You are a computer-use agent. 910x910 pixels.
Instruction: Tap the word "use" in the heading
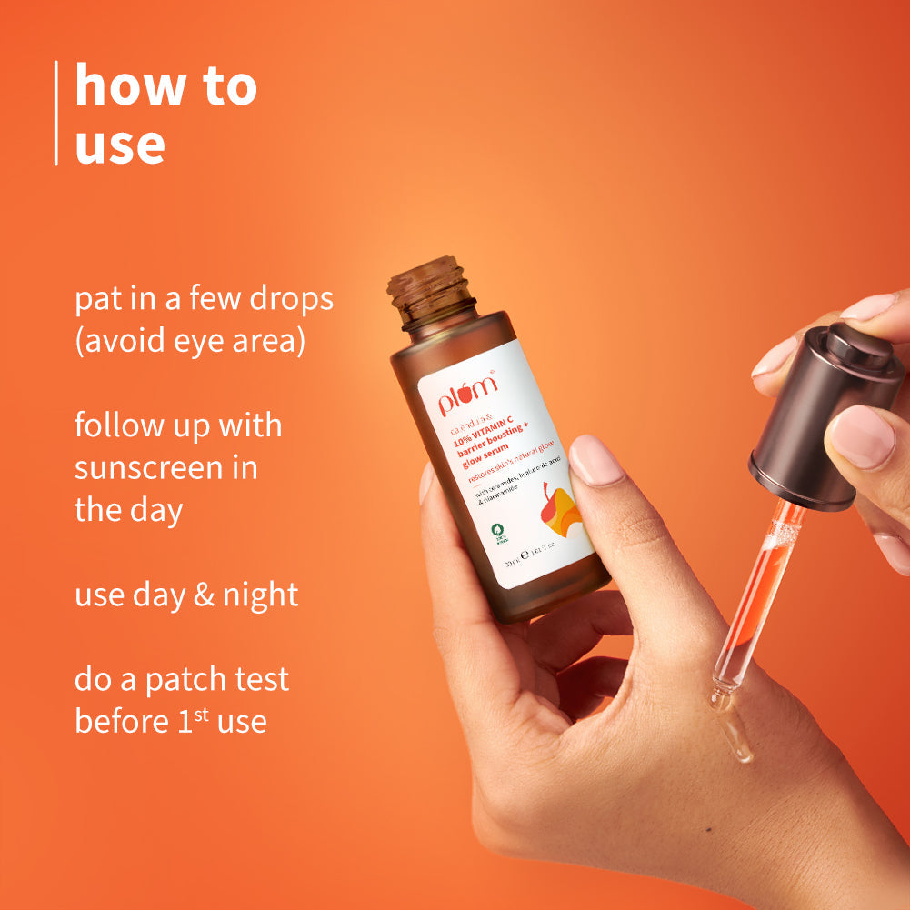coord(120,145)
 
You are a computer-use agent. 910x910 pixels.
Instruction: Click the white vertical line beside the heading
coord(56,114)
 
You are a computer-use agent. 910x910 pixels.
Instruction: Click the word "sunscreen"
coord(154,468)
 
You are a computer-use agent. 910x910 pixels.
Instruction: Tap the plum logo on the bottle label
coord(468,394)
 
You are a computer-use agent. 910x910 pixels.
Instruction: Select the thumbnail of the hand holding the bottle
coord(595,460)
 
